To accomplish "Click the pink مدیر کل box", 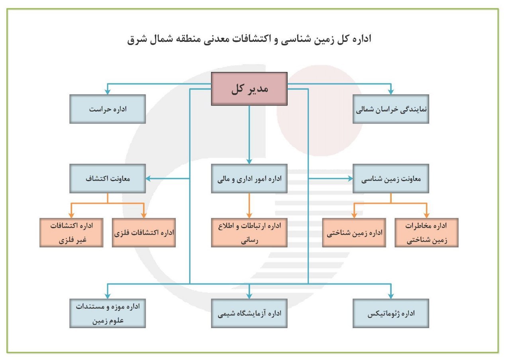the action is [249, 89].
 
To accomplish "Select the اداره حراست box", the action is [108, 109].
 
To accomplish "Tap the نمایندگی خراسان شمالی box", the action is [391, 109].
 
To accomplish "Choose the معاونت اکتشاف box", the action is [108, 178].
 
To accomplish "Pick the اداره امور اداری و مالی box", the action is [249, 178].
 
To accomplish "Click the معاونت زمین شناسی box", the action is [391, 178].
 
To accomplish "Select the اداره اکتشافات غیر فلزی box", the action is [71, 233].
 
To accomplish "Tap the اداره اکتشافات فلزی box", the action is [144, 233].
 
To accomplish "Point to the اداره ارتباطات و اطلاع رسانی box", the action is [249, 233].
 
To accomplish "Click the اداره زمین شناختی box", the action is [354, 233].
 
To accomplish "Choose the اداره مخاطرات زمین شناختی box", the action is [426, 233].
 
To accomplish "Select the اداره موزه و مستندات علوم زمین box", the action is [108, 313].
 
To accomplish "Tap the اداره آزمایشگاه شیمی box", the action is [249, 313].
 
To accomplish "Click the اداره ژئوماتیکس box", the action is [391, 313].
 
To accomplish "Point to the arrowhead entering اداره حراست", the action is [108, 92].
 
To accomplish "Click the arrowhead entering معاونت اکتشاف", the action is [149, 178].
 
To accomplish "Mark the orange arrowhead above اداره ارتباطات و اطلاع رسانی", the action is [249, 215].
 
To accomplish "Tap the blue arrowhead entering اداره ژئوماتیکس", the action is [391, 296].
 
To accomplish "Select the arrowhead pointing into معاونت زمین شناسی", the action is [350, 178].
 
